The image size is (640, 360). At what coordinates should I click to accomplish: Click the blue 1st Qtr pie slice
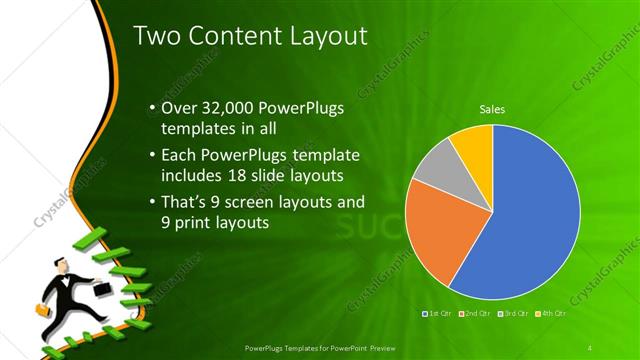pos(530,220)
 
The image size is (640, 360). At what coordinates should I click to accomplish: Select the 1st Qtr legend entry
pos(441,314)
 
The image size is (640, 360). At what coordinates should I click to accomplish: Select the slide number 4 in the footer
pos(591,347)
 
